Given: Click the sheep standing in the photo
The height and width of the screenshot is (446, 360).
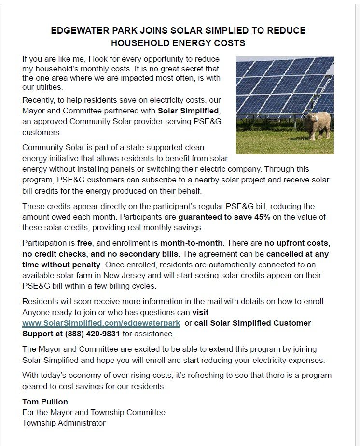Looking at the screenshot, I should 317,125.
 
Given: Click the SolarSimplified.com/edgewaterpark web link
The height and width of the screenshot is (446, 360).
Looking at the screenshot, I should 101,323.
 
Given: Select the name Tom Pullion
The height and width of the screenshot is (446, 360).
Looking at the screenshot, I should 45,402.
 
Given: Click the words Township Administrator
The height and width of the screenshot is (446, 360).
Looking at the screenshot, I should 64,423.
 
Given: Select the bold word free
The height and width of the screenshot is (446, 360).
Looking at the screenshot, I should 84,243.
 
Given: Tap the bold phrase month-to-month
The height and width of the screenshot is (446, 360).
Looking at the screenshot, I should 191,243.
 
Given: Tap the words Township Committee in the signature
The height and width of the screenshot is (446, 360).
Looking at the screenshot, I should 133,412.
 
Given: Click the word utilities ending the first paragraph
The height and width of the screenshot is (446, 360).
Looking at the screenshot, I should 48,88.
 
